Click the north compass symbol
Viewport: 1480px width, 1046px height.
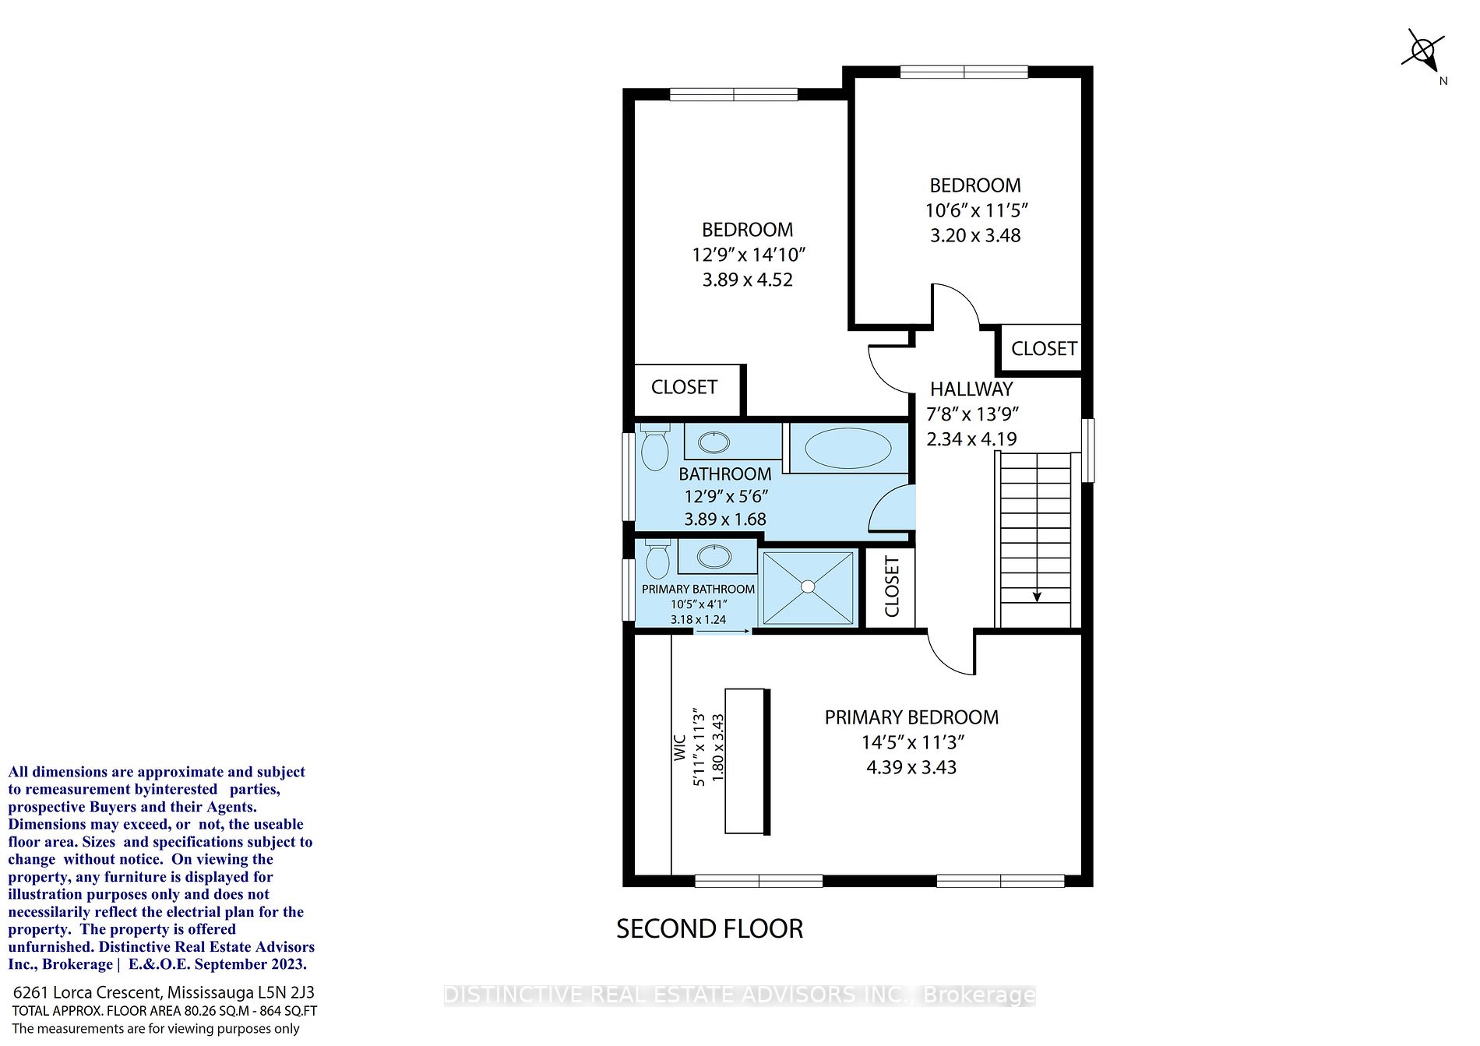1424,53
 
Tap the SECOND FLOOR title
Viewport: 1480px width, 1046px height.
710,928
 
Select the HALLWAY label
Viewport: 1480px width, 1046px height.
971,389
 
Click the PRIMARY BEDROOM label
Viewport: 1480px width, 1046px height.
911,717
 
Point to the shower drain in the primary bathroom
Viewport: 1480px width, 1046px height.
809,586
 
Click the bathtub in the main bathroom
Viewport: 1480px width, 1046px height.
847,449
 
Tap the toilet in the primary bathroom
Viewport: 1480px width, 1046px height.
658,558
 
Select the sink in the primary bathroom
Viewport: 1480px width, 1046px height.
714,556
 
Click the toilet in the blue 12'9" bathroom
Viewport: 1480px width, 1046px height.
654,447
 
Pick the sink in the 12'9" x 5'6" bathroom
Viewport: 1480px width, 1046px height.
714,442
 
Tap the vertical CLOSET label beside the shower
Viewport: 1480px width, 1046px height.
892,586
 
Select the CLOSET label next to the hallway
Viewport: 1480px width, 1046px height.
1044,349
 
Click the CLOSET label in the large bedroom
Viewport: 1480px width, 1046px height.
684,387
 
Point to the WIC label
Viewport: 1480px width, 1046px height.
679,748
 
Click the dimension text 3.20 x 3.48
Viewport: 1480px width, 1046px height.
975,235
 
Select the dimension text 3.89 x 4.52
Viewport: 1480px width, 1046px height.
748,280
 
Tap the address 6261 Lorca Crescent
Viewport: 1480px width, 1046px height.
87,993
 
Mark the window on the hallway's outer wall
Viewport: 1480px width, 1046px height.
1088,450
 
